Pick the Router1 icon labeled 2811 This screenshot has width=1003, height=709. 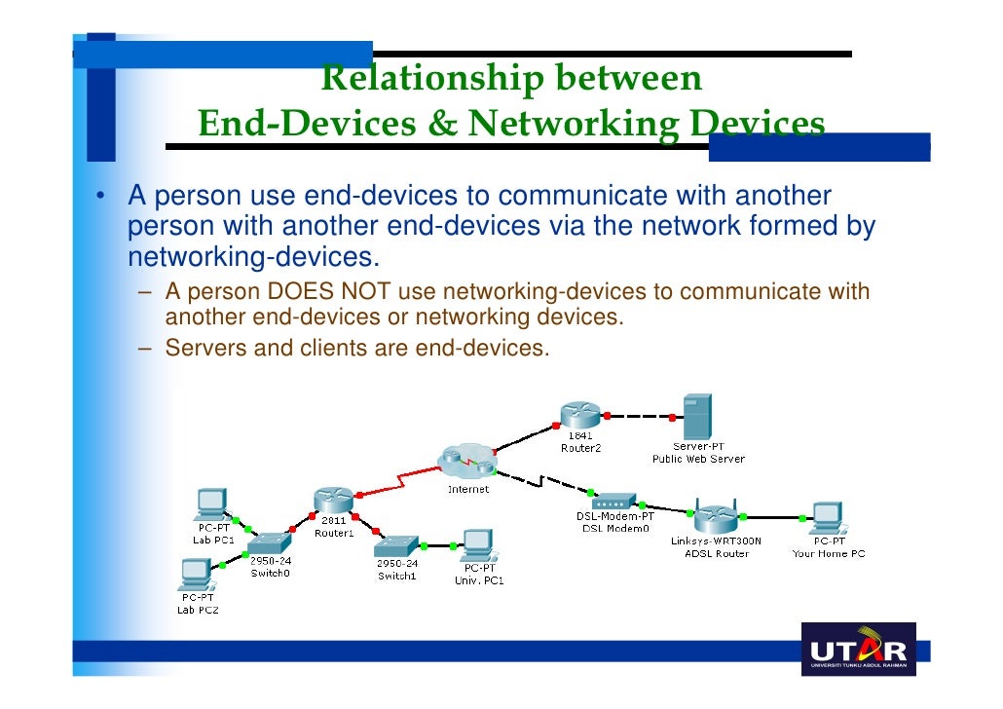point(333,499)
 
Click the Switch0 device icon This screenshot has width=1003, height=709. point(269,543)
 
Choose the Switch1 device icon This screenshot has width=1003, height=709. point(396,546)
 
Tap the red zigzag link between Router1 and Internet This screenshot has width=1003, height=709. point(401,481)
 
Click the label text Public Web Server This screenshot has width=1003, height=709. point(697,459)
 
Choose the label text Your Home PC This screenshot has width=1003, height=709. point(828,554)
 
